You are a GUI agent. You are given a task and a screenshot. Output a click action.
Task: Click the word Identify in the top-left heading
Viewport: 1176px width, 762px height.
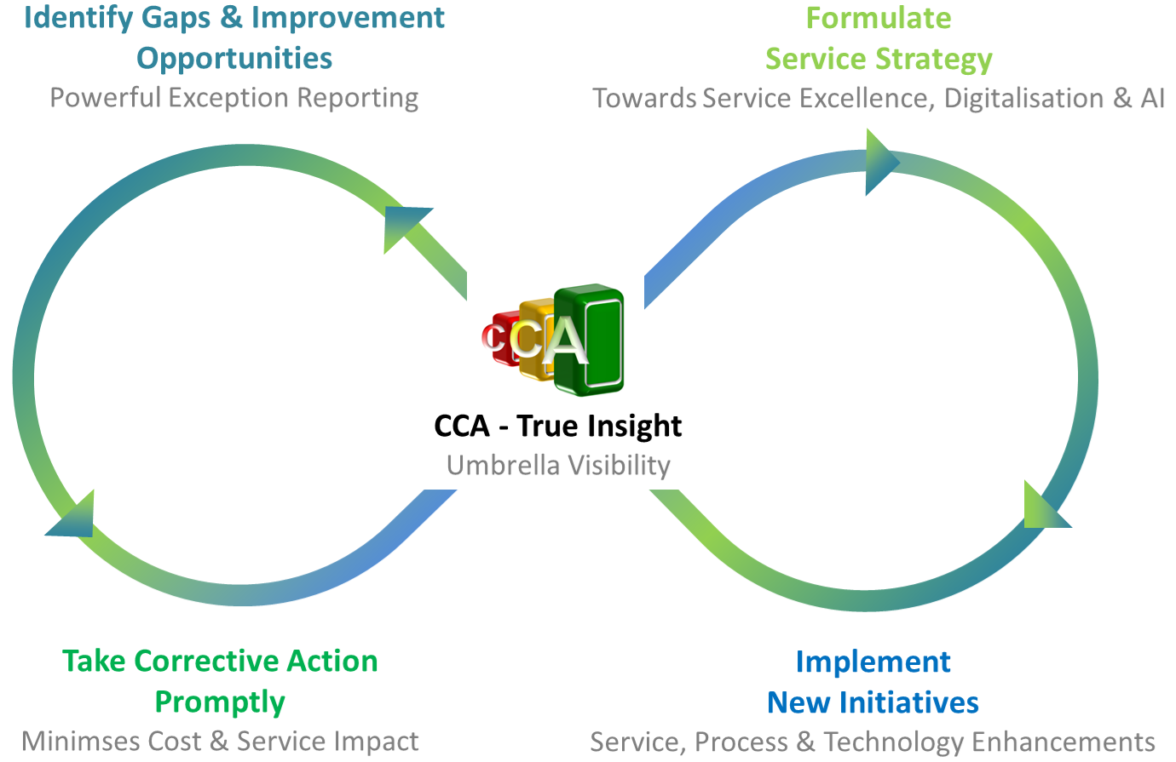point(79,20)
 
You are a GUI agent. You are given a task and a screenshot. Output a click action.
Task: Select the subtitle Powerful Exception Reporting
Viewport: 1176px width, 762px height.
point(234,99)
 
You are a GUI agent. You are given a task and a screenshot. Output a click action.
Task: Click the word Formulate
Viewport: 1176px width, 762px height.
point(879,19)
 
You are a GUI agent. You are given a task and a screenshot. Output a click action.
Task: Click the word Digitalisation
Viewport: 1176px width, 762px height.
point(1023,99)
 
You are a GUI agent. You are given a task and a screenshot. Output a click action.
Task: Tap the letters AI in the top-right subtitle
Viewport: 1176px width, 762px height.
point(1152,99)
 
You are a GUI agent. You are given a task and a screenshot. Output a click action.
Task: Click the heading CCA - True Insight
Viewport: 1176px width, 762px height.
point(557,426)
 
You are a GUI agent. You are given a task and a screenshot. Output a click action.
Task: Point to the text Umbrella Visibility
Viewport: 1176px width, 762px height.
point(558,466)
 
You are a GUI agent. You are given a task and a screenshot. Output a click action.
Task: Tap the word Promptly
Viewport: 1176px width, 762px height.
point(220,702)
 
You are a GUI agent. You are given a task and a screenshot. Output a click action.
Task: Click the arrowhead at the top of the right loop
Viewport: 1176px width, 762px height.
point(882,162)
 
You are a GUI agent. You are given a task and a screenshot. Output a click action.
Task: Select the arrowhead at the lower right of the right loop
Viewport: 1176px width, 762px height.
point(1046,505)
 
